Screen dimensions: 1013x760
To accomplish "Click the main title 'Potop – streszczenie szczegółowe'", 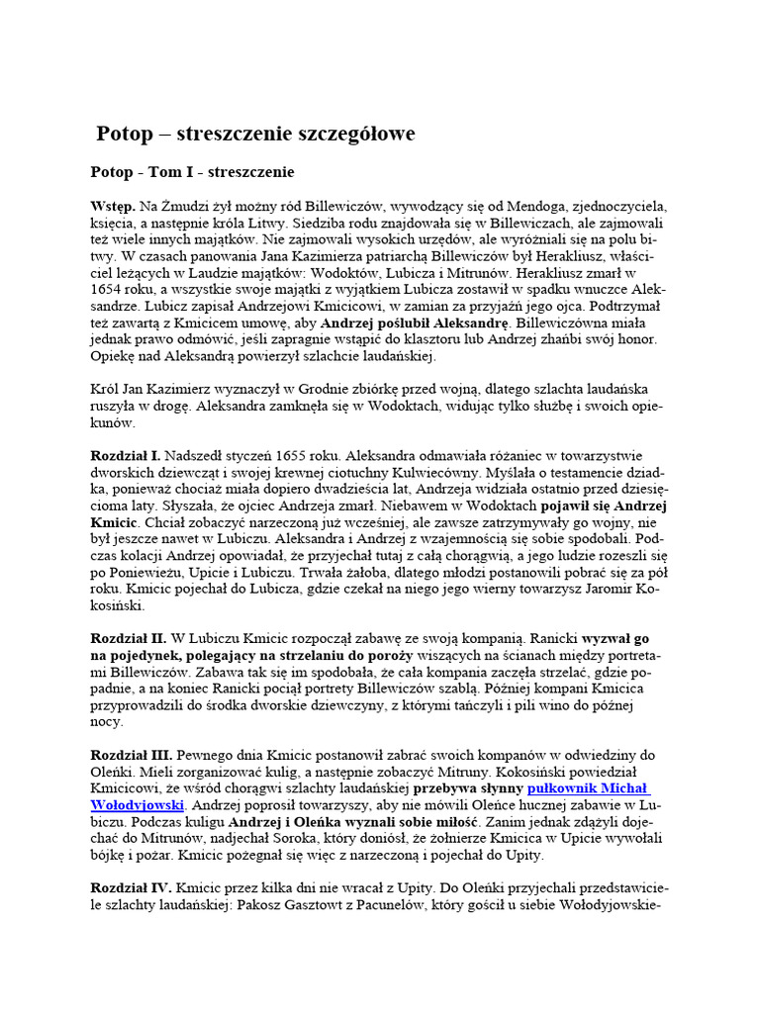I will click(255, 134).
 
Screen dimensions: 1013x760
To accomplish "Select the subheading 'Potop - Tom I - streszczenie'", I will click(192, 172).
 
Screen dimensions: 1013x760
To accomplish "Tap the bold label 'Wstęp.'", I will click(113, 207).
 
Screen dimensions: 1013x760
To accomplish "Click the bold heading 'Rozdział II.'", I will click(129, 639).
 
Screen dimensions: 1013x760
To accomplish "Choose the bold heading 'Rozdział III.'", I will click(132, 755).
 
